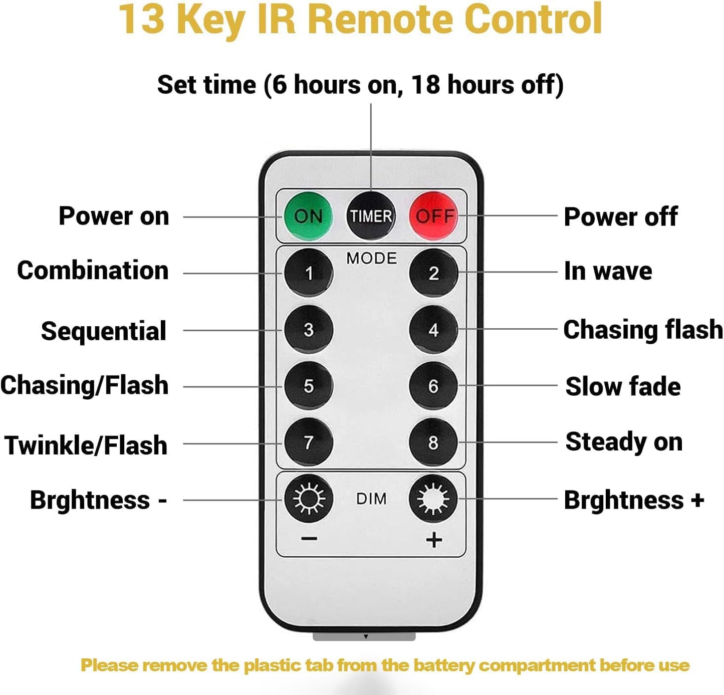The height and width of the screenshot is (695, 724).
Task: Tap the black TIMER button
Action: pyautogui.click(x=371, y=216)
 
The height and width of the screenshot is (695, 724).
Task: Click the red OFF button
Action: pyautogui.click(x=433, y=216)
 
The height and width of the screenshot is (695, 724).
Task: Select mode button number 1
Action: pyautogui.click(x=309, y=273)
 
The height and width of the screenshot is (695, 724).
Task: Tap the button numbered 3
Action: pyautogui.click(x=309, y=330)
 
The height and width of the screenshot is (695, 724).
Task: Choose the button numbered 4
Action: pyautogui.click(x=433, y=330)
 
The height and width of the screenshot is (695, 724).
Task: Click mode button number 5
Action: pyautogui.click(x=309, y=386)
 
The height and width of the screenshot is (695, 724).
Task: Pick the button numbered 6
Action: pyautogui.click(x=433, y=386)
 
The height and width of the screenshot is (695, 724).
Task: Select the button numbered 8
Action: pyautogui.click(x=433, y=442)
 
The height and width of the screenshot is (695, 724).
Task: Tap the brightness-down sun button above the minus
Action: pyautogui.click(x=309, y=499)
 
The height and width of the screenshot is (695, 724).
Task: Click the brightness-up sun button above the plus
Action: pyautogui.click(x=433, y=499)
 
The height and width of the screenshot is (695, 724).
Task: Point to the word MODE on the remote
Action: pyautogui.click(x=371, y=258)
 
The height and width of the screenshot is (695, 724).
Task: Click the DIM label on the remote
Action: pyautogui.click(x=371, y=499)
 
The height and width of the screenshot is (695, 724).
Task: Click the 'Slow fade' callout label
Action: pyautogui.click(x=623, y=386)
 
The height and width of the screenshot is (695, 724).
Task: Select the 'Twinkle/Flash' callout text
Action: pyautogui.click(x=86, y=445)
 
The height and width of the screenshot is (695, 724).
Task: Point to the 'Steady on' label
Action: pyautogui.click(x=624, y=442)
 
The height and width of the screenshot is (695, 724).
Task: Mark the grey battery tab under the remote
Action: pyautogui.click(x=364, y=636)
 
